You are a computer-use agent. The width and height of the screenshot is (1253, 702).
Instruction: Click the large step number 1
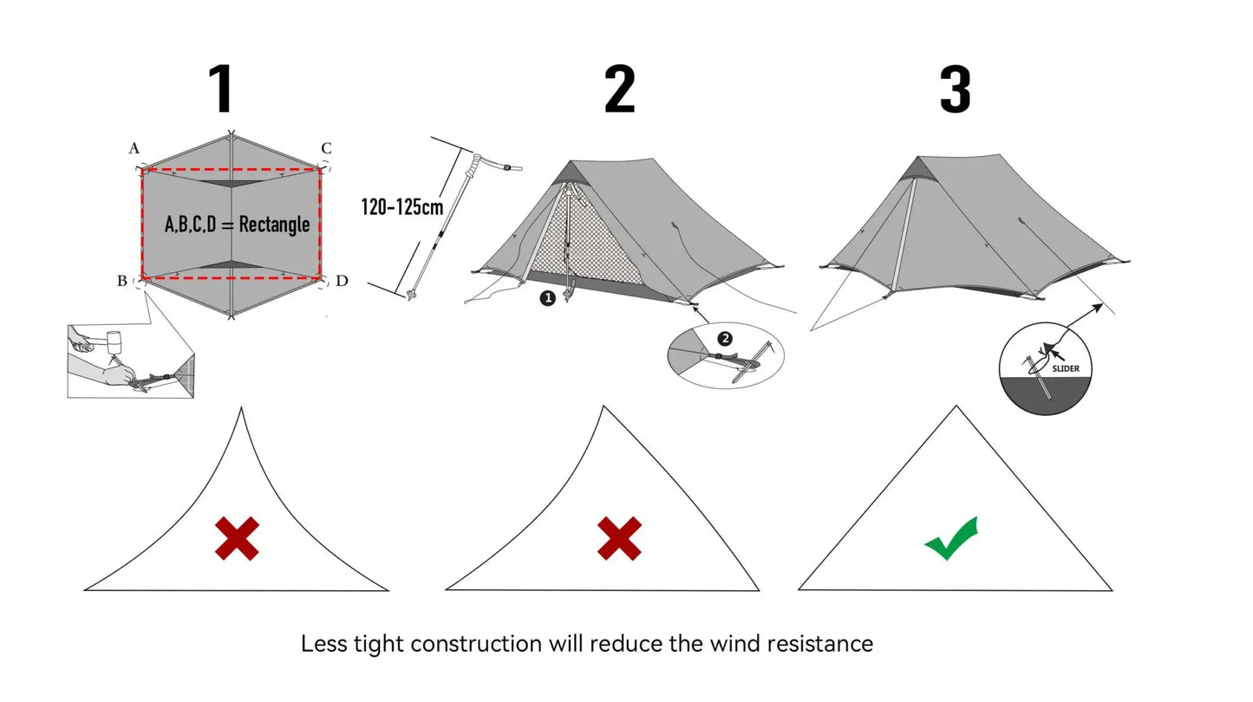coord(221,89)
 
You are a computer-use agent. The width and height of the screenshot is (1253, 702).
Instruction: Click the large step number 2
coord(619,89)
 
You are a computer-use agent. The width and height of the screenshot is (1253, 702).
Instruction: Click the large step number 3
coord(955,89)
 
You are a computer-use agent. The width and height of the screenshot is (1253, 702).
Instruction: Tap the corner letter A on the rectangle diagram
coord(134,149)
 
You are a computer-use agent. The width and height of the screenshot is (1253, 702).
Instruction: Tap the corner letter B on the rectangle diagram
coord(121,281)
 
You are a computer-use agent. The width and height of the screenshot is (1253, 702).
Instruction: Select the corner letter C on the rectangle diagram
coord(326,148)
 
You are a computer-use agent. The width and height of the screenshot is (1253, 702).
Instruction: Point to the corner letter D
coord(342,281)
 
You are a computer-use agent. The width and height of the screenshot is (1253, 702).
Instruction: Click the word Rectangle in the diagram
coord(274,224)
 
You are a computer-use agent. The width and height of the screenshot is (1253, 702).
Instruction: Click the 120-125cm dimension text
coord(401,206)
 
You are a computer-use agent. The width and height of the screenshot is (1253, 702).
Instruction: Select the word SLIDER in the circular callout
coord(1066,368)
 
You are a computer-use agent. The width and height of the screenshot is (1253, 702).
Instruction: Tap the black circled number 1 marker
coord(547,297)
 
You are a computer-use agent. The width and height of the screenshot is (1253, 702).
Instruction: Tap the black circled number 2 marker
coord(725,338)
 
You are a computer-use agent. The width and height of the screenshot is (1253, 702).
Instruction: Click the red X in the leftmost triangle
coord(237,538)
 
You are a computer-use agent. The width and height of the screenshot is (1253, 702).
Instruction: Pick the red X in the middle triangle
coord(619,538)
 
